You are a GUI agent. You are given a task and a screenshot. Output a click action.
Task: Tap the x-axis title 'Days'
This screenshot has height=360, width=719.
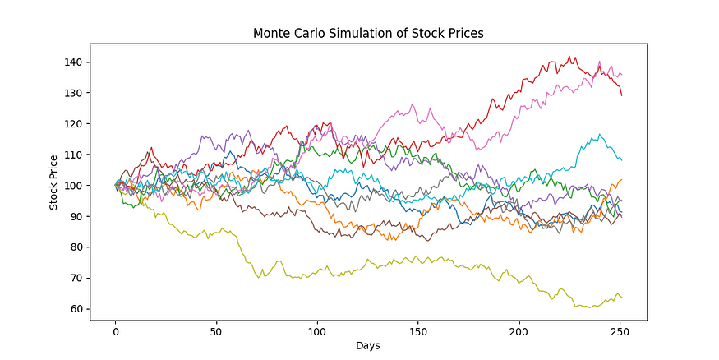pos(367,346)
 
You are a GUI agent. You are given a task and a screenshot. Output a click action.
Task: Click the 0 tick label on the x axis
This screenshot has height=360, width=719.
pos(115,330)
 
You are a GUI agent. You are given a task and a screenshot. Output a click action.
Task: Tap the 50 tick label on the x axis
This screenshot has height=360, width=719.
pos(216,330)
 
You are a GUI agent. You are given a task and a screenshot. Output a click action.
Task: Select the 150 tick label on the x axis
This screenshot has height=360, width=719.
pos(417,330)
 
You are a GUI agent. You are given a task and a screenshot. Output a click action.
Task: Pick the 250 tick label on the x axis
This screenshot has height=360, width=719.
pos(619,330)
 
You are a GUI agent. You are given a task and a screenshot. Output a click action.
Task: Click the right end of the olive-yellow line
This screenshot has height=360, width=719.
pos(621,297)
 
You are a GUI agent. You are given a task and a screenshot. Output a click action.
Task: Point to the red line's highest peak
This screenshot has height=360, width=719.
pos(569,57)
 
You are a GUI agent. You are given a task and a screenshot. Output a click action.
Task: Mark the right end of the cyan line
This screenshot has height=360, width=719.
pos(621,159)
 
